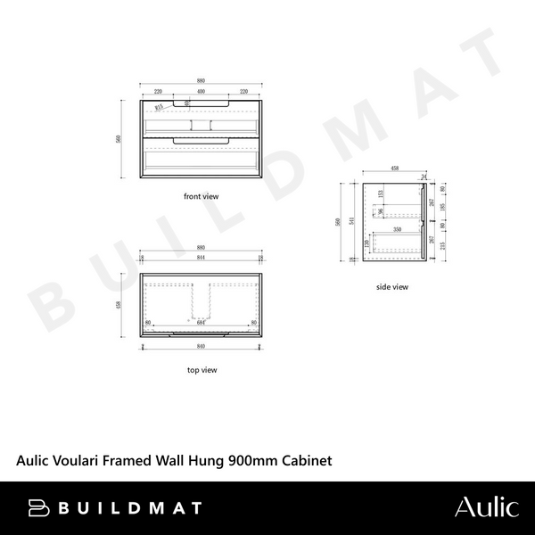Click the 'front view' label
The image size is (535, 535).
click(x=201, y=195)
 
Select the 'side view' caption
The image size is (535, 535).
click(x=391, y=287)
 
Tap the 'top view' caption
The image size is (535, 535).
click(x=201, y=369)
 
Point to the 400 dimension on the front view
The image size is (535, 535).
click(x=201, y=92)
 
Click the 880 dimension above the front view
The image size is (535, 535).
click(x=201, y=81)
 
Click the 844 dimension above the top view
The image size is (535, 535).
click(x=201, y=259)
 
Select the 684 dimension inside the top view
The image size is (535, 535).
click(x=202, y=323)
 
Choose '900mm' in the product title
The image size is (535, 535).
click(x=254, y=461)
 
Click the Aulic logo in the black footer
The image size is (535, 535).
click(x=485, y=507)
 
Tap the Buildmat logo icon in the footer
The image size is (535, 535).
click(x=38, y=508)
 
